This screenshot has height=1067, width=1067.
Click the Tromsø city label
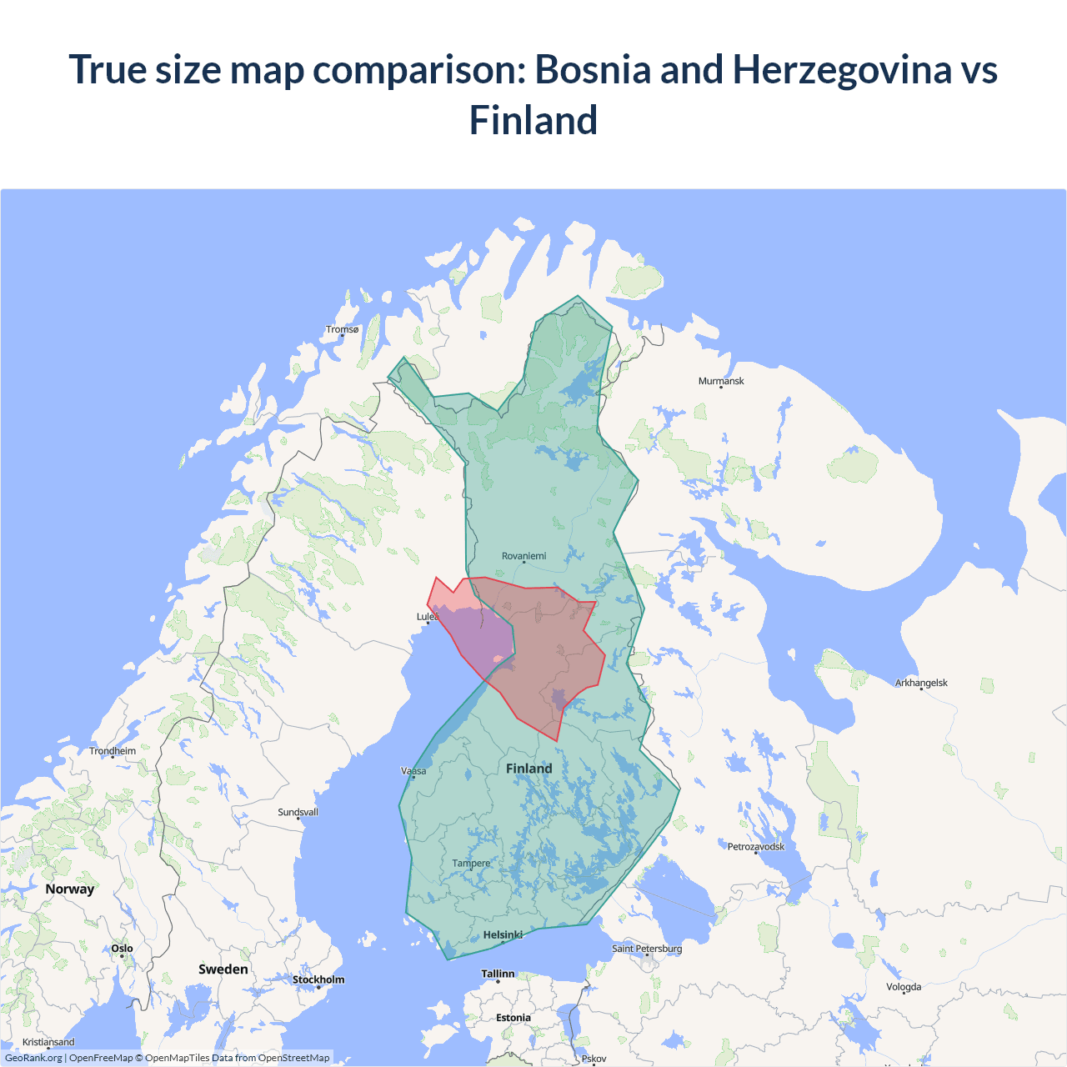click(x=342, y=329)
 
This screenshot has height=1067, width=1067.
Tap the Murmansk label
click(x=721, y=381)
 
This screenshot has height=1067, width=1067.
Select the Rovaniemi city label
click(x=523, y=556)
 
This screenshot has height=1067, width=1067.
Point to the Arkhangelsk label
click(x=921, y=683)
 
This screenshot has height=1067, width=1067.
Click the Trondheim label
click(x=113, y=751)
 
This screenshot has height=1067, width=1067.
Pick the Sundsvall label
click(x=298, y=812)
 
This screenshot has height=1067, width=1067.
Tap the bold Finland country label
click(x=528, y=769)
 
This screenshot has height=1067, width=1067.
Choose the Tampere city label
click(x=471, y=864)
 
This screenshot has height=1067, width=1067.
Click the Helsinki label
click(x=503, y=935)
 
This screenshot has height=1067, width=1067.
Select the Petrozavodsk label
click(x=755, y=847)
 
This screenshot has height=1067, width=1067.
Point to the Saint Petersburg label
click(x=647, y=949)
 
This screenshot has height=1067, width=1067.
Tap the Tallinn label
click(x=498, y=974)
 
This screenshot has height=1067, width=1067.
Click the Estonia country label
click(x=513, y=1018)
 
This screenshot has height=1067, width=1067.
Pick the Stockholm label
click(x=318, y=979)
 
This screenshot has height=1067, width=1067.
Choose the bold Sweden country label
click(x=223, y=969)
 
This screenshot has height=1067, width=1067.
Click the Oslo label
click(x=122, y=949)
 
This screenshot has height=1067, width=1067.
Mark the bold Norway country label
click(x=70, y=889)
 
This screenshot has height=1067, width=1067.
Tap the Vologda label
click(x=904, y=987)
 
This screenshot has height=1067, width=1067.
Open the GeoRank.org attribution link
click(x=33, y=1058)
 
